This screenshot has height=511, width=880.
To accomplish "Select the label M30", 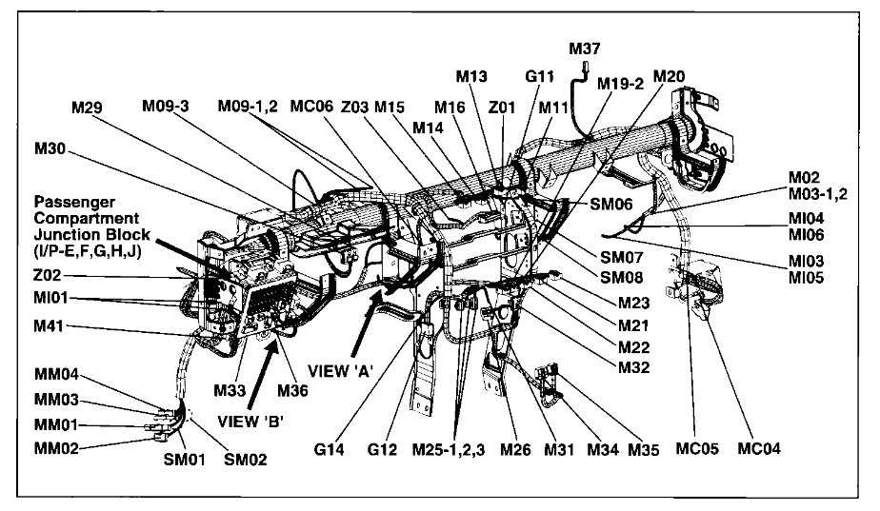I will pyautogui.click(x=51, y=149).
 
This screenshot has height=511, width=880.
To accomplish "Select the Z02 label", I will pyautogui.click(x=49, y=278).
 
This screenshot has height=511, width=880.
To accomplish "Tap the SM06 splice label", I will pyautogui.click(x=610, y=204).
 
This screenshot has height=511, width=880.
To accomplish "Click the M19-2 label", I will pyautogui.click(x=621, y=84).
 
